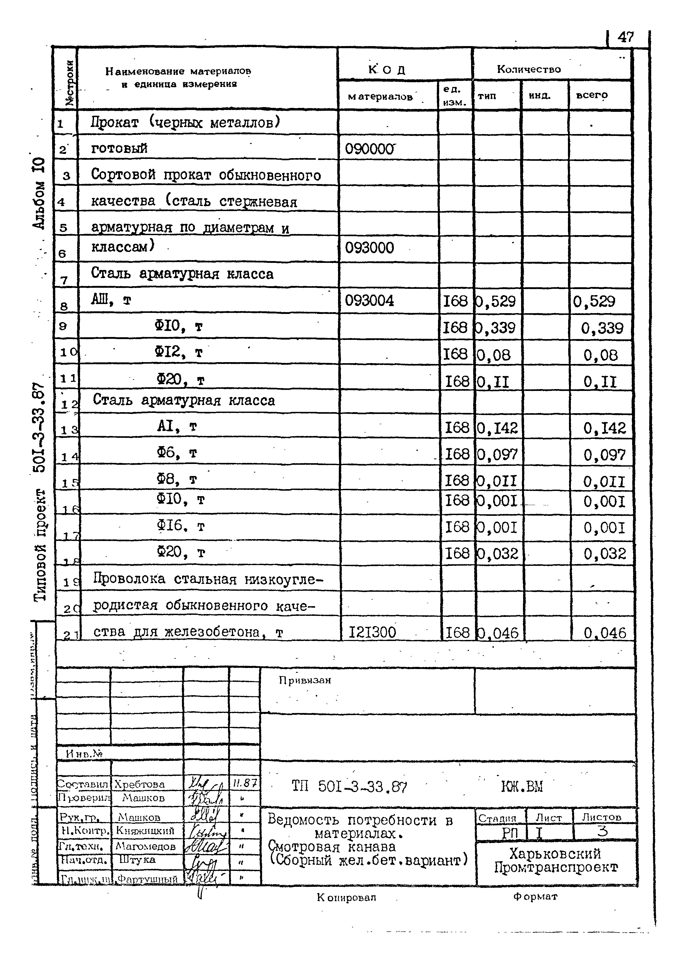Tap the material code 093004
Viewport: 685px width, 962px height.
369,301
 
